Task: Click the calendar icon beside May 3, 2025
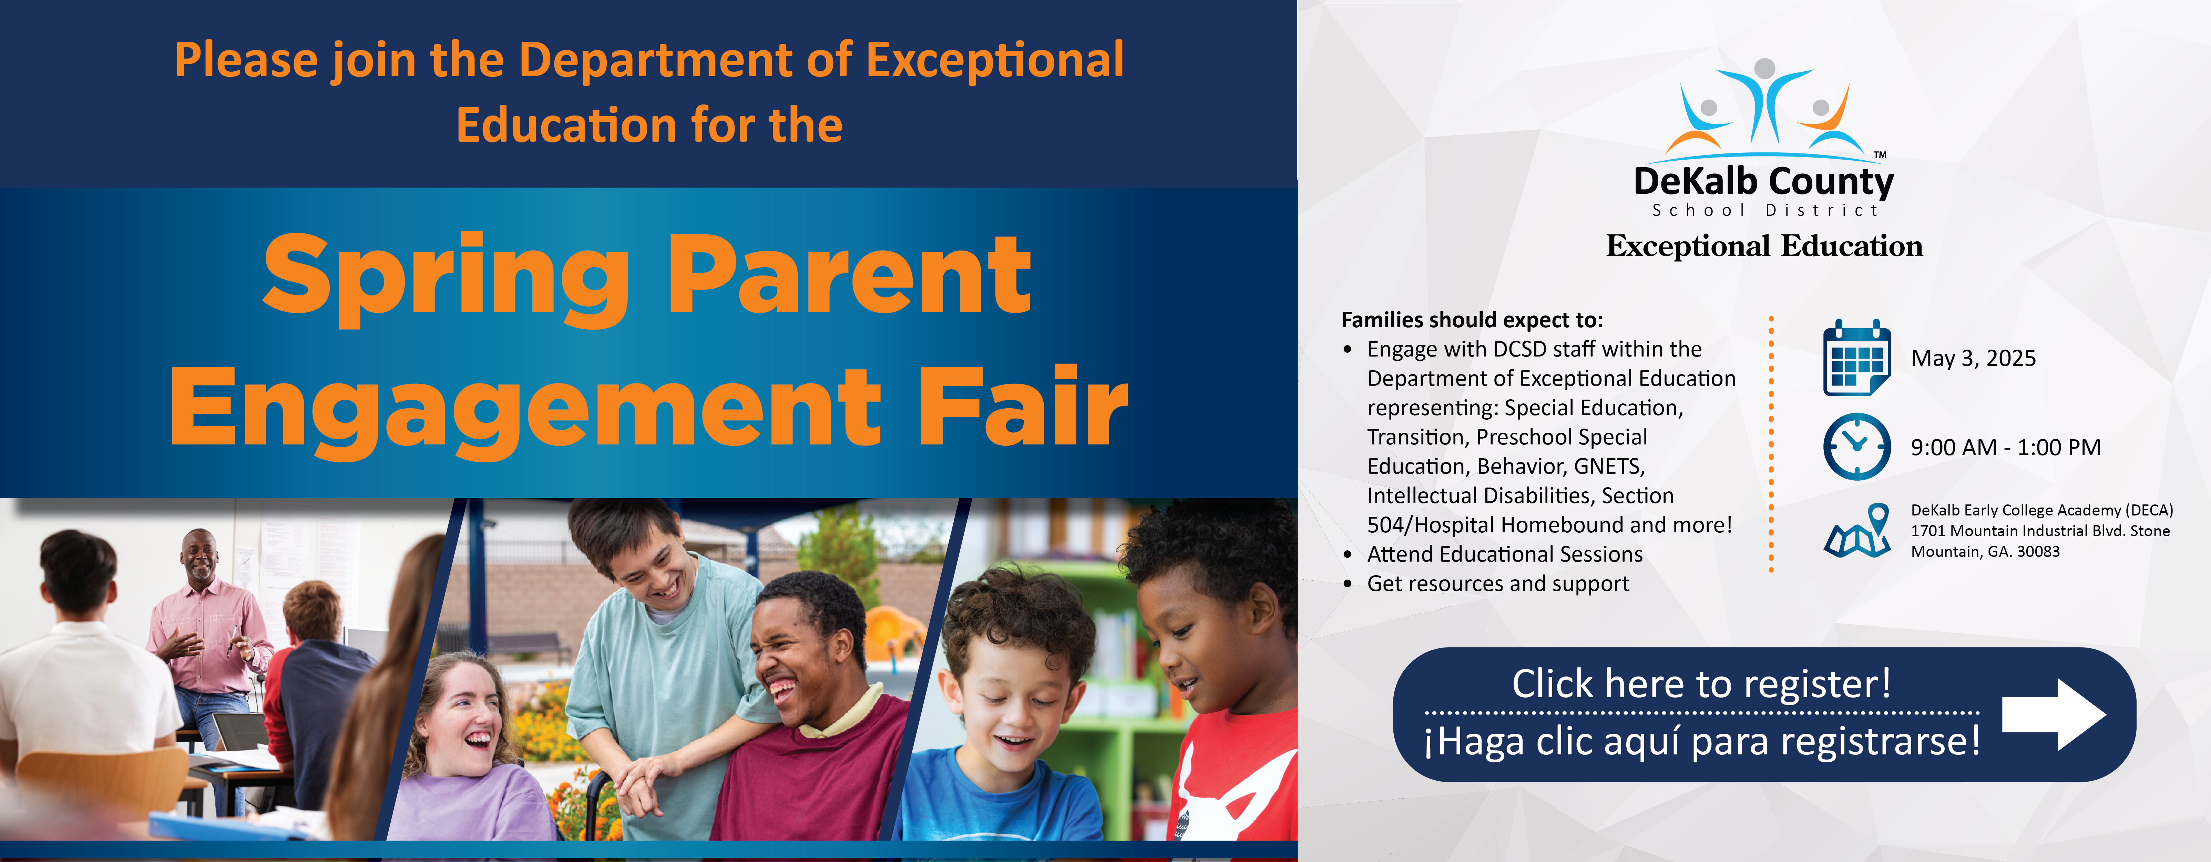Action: pyautogui.click(x=1856, y=357)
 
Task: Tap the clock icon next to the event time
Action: pyautogui.click(x=1856, y=447)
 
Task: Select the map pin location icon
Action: pyautogui.click(x=1858, y=531)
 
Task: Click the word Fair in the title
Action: pyautogui.click(x=1023, y=405)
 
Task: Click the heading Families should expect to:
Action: pyautogui.click(x=1472, y=320)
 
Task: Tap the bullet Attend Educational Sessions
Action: pyautogui.click(x=1505, y=555)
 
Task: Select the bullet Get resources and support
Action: pyautogui.click(x=1498, y=584)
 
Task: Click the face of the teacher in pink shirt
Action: pyautogui.click(x=200, y=558)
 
